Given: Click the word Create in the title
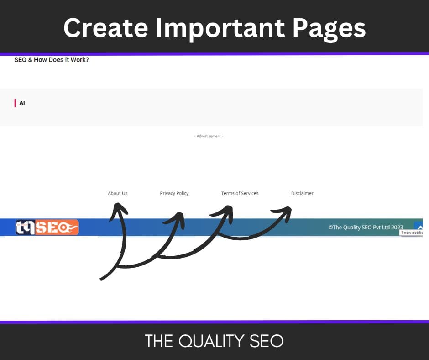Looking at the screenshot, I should pos(106,28).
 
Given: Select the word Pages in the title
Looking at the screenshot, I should pos(329,28).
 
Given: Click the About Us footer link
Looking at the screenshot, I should pos(117,193).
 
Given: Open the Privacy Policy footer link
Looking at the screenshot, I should pos(174,193).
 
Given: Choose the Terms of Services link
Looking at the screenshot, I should pos(240,193).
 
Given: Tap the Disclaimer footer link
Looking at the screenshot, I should pos(302,193).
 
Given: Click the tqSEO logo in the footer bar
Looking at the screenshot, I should pos(47,227).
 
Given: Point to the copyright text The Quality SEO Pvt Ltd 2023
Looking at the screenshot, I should pos(366,227).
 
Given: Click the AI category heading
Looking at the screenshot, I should pos(22,103).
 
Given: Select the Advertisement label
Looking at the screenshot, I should pos(209,136).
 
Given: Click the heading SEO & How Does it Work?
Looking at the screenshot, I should pos(52,60).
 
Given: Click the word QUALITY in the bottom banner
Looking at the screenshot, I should pos(215,341).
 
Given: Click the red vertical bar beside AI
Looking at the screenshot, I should pos(15,103).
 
